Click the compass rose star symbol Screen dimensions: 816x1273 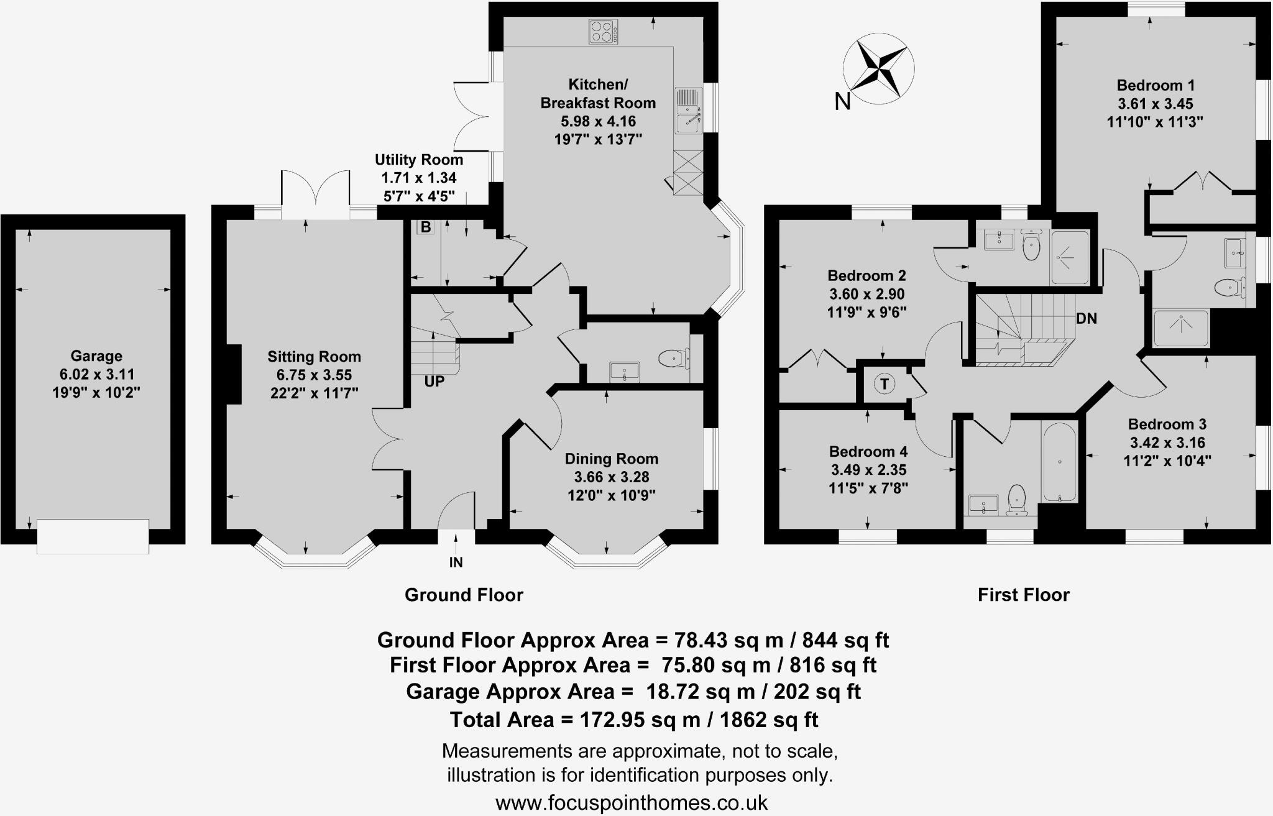(879, 68)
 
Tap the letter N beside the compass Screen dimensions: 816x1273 (842, 101)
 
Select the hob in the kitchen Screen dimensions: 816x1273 (603, 32)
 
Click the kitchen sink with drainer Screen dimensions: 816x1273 (688, 111)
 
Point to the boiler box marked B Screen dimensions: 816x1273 (426, 227)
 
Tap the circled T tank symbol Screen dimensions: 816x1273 (885, 384)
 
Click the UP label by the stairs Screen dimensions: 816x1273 (434, 382)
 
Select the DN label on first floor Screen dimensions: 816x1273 (1087, 319)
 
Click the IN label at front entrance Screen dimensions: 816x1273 (456, 562)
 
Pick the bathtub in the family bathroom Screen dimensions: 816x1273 (1059, 462)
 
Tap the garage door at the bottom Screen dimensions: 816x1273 (93, 536)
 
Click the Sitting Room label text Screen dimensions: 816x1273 (314, 357)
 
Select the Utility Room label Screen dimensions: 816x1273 (418, 160)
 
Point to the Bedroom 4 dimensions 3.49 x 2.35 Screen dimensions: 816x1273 (868, 470)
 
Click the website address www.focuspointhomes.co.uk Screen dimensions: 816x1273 (632, 802)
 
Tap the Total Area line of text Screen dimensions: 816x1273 (633, 720)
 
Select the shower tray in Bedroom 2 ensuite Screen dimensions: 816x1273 (1069, 257)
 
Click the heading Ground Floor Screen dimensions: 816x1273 (464, 595)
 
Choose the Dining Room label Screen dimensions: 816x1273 (611, 459)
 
